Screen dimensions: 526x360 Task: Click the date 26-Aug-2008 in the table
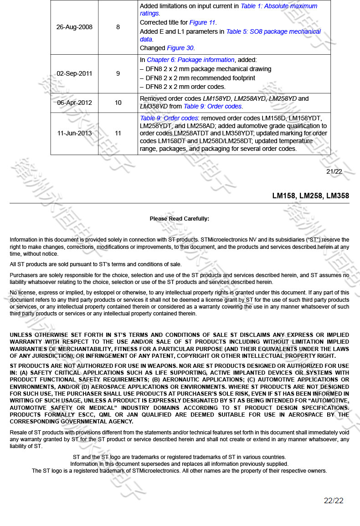(x=74, y=27)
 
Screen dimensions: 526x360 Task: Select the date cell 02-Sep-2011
(x=74, y=73)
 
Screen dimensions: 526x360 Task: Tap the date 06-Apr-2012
(x=74, y=103)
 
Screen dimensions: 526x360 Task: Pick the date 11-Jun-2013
(x=74, y=133)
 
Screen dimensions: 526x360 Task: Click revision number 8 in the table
(x=118, y=27)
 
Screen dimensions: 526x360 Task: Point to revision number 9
(x=118, y=73)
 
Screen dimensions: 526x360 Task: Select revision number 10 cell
(x=118, y=103)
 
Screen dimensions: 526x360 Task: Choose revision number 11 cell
(x=118, y=133)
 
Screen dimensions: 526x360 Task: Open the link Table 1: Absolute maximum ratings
(x=278, y=6)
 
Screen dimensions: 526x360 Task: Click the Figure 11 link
(x=202, y=22)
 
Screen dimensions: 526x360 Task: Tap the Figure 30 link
(x=180, y=48)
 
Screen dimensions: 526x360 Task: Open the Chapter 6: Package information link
(x=190, y=60)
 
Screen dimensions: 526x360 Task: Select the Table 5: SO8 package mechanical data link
(x=273, y=31)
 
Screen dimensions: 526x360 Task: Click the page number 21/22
(x=334, y=171)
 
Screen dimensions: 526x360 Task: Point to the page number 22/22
(x=334, y=500)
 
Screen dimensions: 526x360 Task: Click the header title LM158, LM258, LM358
(x=311, y=196)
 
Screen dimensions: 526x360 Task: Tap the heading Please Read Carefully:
(x=180, y=219)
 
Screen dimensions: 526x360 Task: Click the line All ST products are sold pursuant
(x=96, y=264)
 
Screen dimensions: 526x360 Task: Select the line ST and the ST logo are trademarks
(x=180, y=457)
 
